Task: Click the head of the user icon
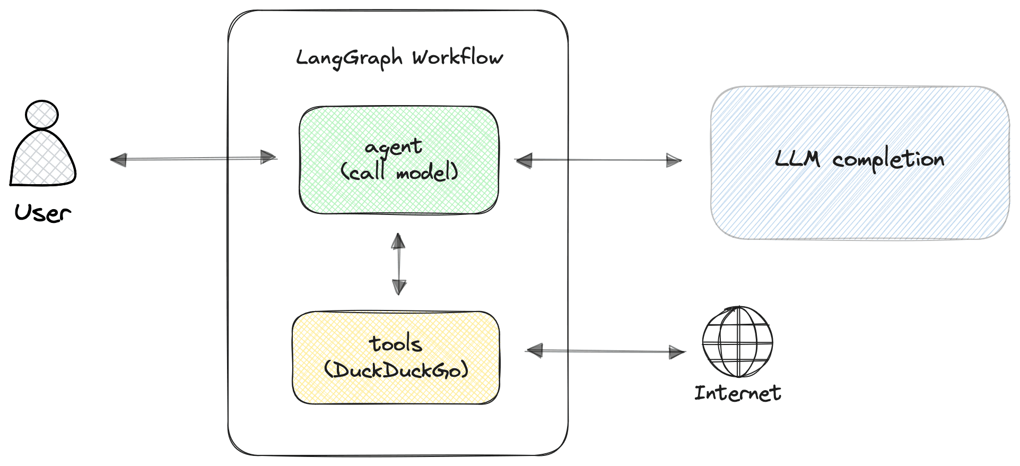tap(41, 114)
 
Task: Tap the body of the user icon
tap(42, 159)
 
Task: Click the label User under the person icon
tap(42, 213)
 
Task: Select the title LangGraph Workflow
tap(399, 58)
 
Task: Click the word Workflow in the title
tap(457, 57)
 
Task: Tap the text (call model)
tap(399, 172)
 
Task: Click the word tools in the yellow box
tap(396, 344)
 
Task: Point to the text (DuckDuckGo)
tap(396, 370)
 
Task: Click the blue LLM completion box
tap(859, 207)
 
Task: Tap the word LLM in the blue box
tap(797, 159)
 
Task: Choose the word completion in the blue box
tap(888, 160)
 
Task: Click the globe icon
tap(737, 342)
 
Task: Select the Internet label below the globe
tap(737, 393)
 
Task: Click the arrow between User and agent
tap(193, 159)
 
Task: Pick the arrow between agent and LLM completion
tap(598, 160)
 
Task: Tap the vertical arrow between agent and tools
tap(399, 264)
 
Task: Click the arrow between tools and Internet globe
tap(606, 351)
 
